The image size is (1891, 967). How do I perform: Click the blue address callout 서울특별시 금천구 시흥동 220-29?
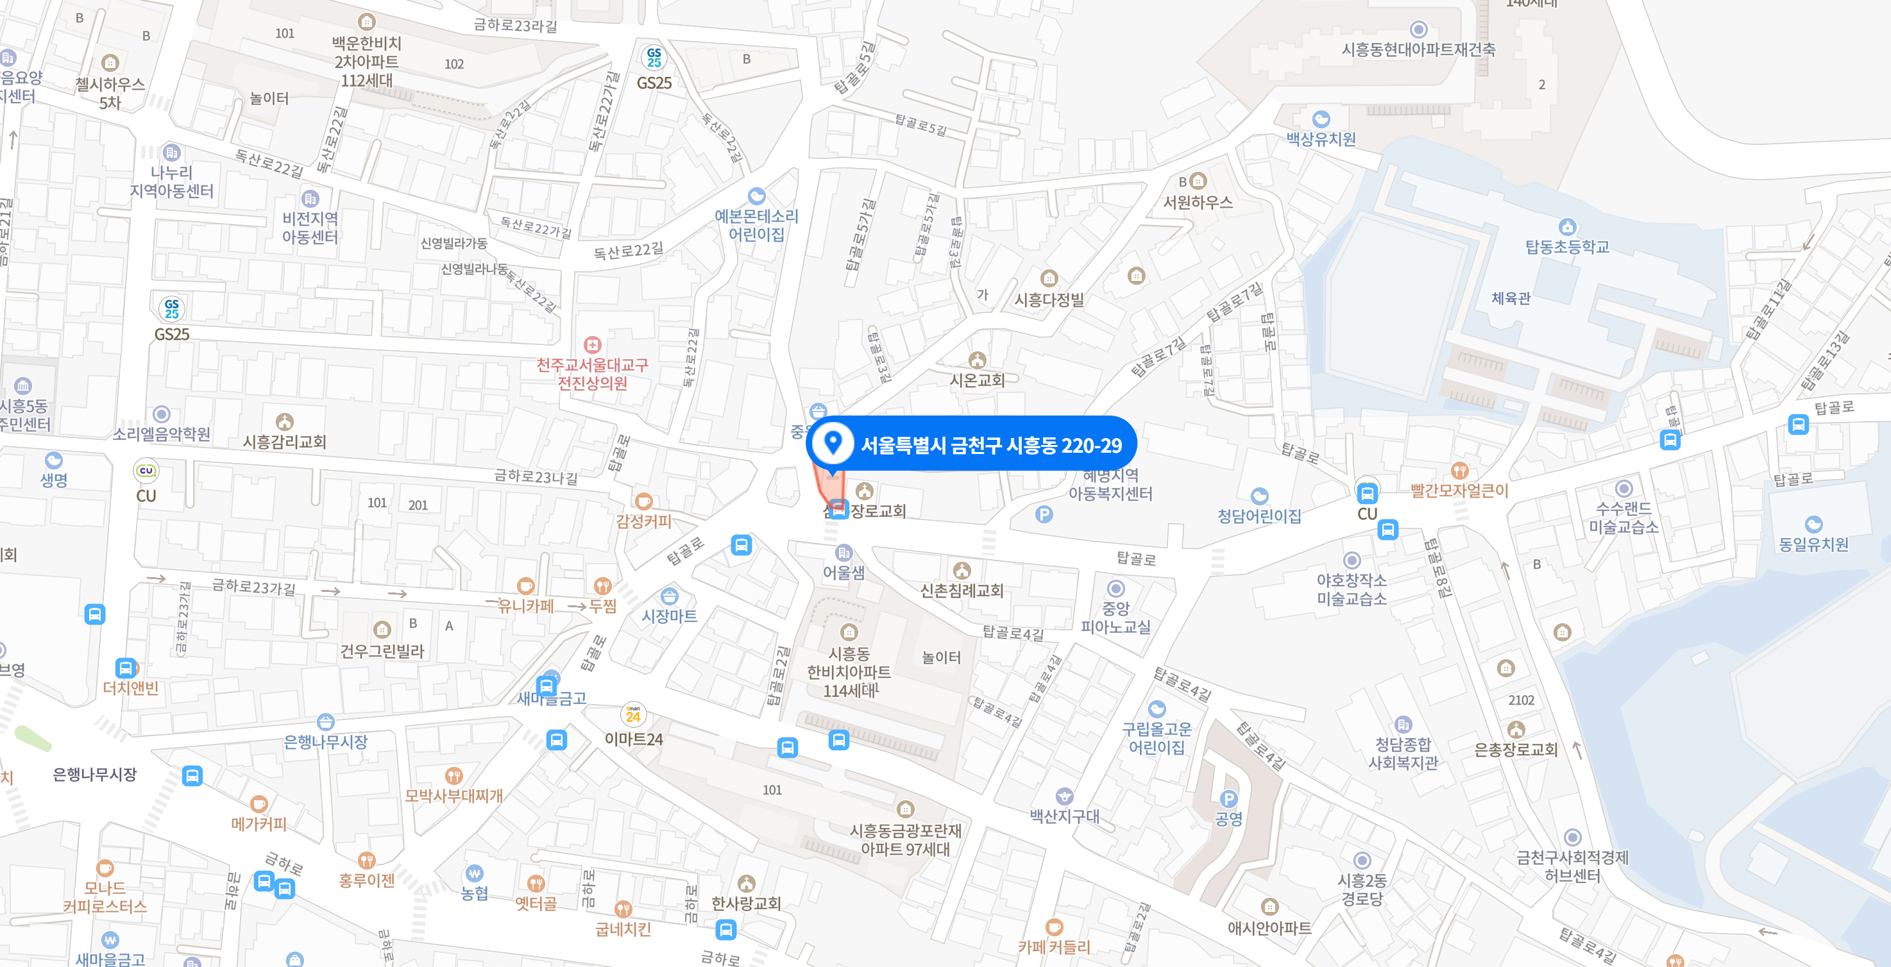990,444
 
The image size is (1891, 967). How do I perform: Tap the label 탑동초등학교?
1566,246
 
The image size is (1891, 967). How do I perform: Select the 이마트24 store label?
634,739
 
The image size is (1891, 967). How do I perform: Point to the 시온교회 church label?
976,380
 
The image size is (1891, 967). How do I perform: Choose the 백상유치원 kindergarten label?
1321,139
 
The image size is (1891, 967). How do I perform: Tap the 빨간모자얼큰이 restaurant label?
1459,490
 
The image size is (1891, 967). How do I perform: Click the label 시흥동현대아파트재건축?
1418,49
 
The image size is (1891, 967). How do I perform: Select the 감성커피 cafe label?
643,521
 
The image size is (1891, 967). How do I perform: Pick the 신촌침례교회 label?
962,590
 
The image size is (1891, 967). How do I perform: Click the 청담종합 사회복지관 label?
1403,753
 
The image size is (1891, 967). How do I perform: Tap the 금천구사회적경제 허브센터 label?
1572,866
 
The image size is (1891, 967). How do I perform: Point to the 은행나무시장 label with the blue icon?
325,741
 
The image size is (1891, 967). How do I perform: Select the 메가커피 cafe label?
259,823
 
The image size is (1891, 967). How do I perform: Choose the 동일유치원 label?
1813,544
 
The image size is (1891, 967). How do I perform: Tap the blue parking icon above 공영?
1228,799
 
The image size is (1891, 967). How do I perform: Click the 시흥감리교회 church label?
284,441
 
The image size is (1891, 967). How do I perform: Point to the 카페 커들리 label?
1053,946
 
